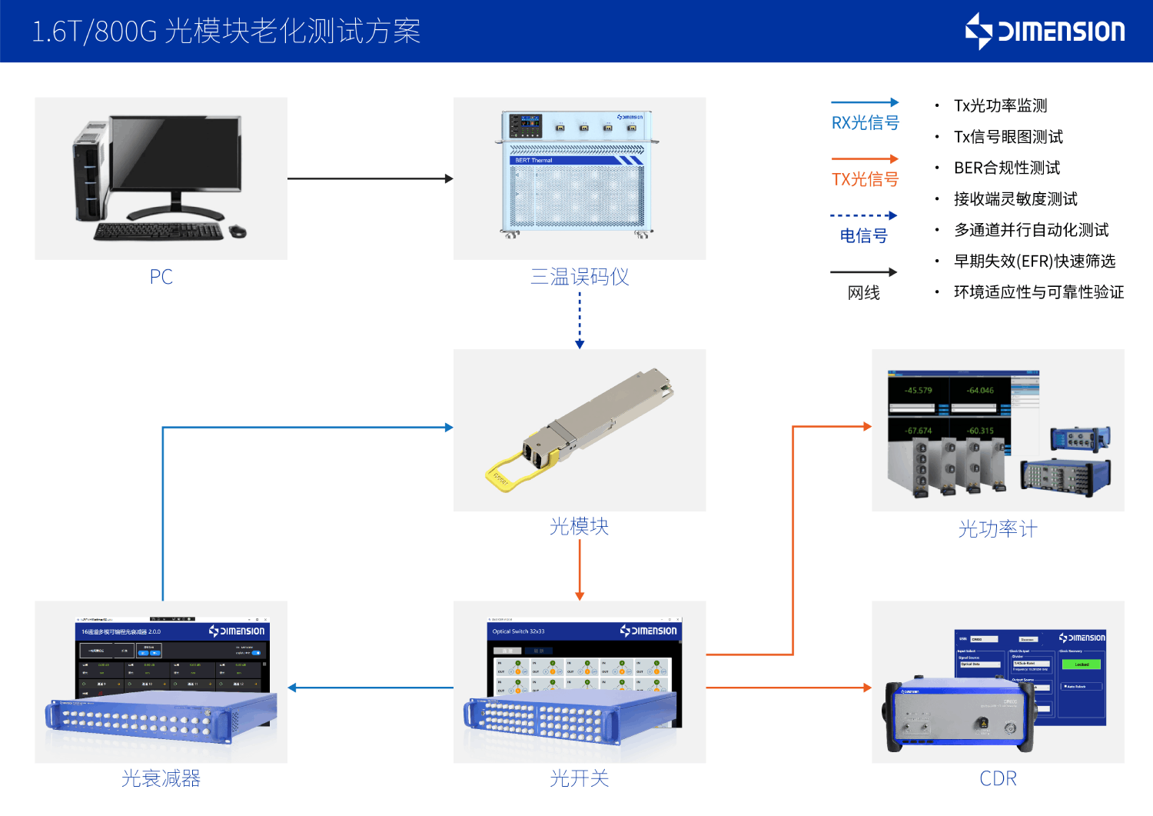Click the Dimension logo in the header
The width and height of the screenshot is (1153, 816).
1045,31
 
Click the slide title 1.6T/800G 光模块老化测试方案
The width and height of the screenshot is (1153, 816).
226,32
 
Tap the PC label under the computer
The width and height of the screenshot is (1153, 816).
161,277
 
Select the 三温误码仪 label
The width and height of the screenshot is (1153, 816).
580,277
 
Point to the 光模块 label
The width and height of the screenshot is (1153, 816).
580,527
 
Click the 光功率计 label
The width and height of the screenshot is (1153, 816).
998,529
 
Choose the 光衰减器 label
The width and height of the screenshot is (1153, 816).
161,778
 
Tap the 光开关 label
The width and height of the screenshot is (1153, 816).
580,778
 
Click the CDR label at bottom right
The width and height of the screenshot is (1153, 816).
998,778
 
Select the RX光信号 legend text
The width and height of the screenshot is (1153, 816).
865,123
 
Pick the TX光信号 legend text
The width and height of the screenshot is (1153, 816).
865,179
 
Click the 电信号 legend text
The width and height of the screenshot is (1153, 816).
863,236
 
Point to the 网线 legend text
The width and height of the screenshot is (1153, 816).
863,293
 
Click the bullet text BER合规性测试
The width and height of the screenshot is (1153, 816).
1006,168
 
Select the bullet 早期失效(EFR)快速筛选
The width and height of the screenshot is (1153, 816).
1034,261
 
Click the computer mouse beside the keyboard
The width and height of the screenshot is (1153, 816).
238,231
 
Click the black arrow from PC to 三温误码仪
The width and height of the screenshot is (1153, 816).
370,178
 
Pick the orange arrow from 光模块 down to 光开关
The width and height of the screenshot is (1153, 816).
580,569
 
